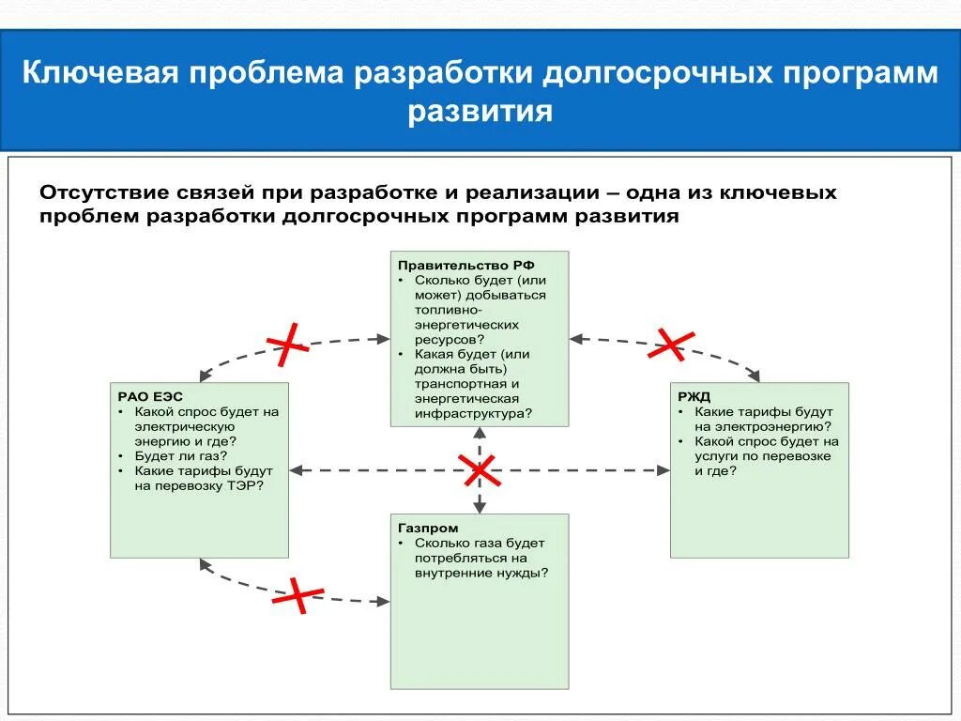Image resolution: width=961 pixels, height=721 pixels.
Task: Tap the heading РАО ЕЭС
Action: click(x=145, y=396)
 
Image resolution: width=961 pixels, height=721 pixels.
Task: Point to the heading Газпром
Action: click(x=428, y=529)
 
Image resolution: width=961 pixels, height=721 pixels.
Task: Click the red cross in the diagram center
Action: click(x=480, y=469)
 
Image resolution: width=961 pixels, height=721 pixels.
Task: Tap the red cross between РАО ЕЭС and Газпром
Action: click(x=297, y=594)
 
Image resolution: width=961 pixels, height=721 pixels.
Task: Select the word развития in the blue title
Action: click(x=480, y=113)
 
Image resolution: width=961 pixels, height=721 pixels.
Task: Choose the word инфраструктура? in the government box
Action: click(x=473, y=413)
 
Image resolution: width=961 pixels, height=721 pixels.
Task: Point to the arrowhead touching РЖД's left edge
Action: click(x=664, y=469)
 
